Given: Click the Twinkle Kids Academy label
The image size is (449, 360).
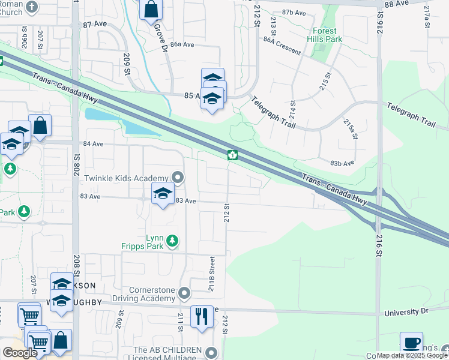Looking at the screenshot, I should pos(127,178).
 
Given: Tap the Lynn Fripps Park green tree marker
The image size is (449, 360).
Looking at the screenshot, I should pos(172,241).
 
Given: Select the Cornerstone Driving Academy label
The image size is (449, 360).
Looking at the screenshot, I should pos(143,293).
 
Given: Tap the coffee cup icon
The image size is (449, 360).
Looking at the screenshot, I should pos(411,343).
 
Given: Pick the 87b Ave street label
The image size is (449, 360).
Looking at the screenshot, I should pos(294,12).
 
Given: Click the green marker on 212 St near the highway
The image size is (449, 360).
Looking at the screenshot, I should pos(232,155).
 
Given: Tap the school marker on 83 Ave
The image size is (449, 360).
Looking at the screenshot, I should pos(162,194).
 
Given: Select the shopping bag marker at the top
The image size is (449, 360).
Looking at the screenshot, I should pos(151,9).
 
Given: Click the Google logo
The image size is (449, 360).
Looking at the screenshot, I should pos(20,353).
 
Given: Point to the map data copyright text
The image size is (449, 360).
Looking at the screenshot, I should pos(412,355).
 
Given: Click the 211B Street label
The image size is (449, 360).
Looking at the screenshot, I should pos(212,274).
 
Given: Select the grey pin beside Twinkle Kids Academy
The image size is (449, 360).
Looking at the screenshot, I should pos(178,178).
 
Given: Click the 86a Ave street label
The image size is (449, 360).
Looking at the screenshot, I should pos(182,44).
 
